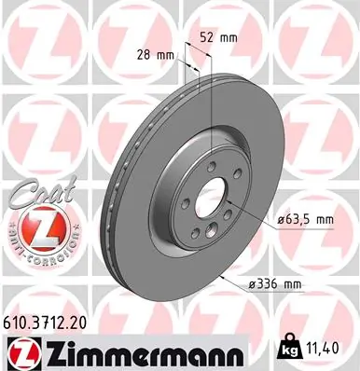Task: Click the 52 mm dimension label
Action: coord(218,37)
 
